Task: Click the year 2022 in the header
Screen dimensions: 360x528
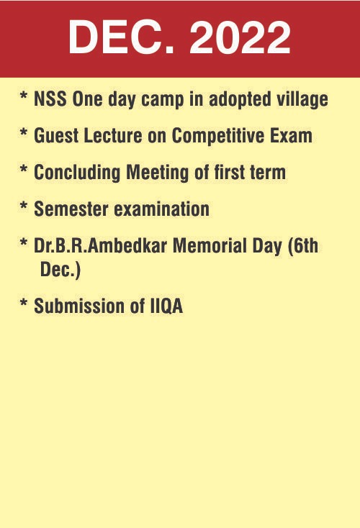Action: pos(240,37)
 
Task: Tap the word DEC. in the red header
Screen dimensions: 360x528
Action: pos(122,37)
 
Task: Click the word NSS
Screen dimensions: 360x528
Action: pos(50,99)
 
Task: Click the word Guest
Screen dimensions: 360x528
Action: pos(56,135)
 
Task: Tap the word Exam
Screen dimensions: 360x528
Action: pos(291,135)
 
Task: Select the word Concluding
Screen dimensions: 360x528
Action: pos(77,173)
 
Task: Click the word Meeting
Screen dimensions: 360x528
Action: pos(157,173)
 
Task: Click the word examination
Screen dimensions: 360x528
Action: pos(162,209)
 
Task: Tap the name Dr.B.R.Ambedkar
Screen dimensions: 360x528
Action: pos(101,245)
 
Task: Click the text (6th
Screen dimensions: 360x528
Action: pos(303,246)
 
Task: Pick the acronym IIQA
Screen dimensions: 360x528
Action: pos(165,306)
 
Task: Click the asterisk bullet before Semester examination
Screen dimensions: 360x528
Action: pos(24,206)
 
